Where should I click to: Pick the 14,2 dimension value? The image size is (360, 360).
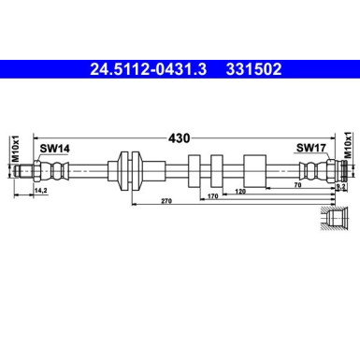(x=41, y=190)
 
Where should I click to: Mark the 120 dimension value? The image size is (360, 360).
(x=241, y=191)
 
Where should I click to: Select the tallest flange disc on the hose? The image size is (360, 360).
(x=126, y=170)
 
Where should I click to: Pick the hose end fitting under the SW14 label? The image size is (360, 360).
(x=51, y=170)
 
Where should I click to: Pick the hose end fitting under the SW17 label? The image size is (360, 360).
(x=316, y=170)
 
